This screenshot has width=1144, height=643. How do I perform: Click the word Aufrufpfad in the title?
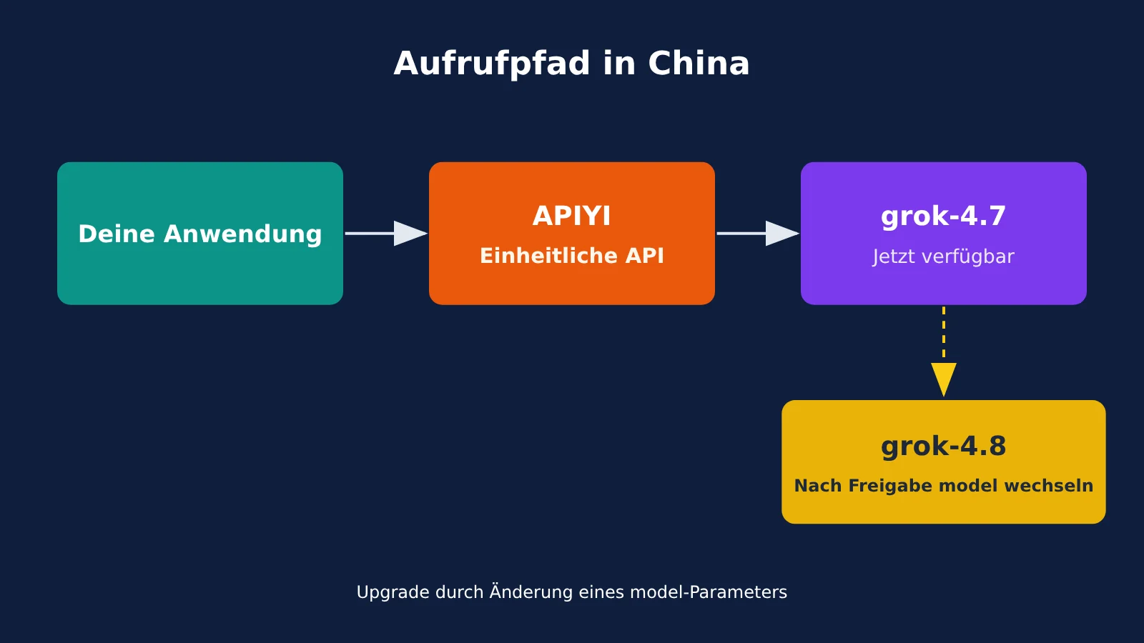tap(492, 64)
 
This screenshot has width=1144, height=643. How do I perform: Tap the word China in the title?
tap(699, 64)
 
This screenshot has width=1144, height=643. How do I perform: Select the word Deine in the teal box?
tap(117, 234)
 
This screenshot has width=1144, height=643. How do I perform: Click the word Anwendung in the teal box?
tap(242, 235)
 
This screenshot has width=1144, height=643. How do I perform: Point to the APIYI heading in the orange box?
tap(571, 216)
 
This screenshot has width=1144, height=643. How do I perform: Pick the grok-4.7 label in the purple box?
tap(943, 216)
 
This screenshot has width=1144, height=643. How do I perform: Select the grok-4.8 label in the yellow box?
tap(943, 447)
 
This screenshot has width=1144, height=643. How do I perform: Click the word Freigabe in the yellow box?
tap(893, 486)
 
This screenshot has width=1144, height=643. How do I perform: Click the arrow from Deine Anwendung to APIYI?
tap(386, 233)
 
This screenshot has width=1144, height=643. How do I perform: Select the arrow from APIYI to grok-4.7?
tap(758, 233)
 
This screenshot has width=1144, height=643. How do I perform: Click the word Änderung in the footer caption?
tap(532, 592)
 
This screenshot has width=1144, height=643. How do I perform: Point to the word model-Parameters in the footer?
tap(709, 592)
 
